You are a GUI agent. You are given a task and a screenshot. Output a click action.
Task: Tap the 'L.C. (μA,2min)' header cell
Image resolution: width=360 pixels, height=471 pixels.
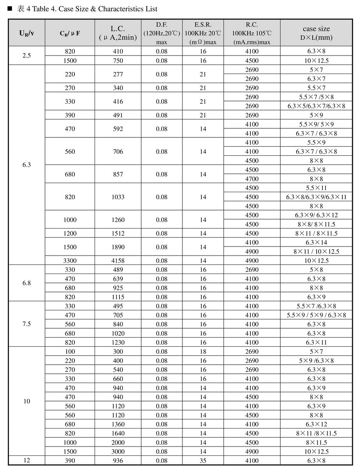coord(118,33)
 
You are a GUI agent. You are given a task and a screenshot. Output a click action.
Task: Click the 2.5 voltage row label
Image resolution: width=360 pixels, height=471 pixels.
coord(27,56)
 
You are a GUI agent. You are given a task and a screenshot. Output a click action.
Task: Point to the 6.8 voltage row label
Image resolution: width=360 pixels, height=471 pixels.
coord(27,283)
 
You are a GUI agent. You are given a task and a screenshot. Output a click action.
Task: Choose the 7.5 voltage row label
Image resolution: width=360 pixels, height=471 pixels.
coord(27,324)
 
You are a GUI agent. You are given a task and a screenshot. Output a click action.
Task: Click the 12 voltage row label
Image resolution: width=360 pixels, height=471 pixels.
coord(27,460)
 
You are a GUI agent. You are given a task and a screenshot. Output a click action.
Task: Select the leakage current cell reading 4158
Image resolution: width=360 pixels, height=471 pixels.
coord(118,260)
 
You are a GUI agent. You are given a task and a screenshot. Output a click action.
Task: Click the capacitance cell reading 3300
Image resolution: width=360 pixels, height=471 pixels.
coord(70,260)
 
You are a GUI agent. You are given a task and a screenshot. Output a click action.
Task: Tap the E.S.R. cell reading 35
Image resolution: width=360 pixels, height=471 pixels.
coord(203,461)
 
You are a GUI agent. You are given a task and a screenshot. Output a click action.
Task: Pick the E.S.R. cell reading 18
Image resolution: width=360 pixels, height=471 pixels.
coord(203,352)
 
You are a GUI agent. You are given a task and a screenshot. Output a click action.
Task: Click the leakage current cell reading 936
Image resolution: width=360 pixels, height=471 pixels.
coord(118,461)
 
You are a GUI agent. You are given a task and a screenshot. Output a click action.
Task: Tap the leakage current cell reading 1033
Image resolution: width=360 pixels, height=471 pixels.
coord(118,197)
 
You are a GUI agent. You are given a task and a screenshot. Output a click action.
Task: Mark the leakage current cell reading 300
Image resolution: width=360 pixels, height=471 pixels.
coord(118,352)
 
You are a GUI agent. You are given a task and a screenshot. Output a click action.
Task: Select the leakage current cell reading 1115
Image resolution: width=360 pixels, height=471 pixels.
coord(118,297)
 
